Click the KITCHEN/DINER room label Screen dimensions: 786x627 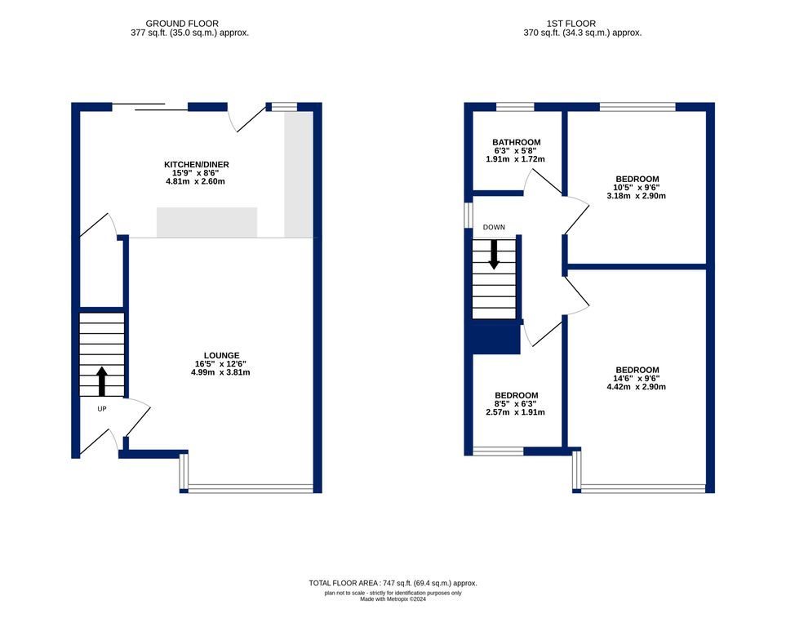point(197,165)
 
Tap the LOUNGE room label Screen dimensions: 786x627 point(221,356)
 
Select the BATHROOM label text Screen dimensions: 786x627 point(517,142)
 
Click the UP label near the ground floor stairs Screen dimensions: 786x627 point(102,409)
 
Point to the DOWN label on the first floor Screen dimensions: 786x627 point(494,227)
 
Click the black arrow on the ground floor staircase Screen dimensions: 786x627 point(102,381)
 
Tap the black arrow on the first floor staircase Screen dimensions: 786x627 point(495,255)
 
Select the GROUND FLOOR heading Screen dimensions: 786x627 point(182,24)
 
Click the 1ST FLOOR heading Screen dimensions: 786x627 point(571,24)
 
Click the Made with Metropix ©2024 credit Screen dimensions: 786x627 point(393,599)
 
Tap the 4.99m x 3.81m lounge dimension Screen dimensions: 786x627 point(220,372)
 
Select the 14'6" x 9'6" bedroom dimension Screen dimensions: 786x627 point(637,379)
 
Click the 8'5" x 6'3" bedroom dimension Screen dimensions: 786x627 point(515,404)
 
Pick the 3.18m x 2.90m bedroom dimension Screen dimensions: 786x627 point(636,196)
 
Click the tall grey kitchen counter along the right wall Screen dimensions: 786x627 point(299,175)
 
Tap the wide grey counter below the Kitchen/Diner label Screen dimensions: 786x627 point(207,222)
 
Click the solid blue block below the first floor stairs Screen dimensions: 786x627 point(495,336)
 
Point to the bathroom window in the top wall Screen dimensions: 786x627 point(515,106)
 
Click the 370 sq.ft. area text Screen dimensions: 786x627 point(583,33)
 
